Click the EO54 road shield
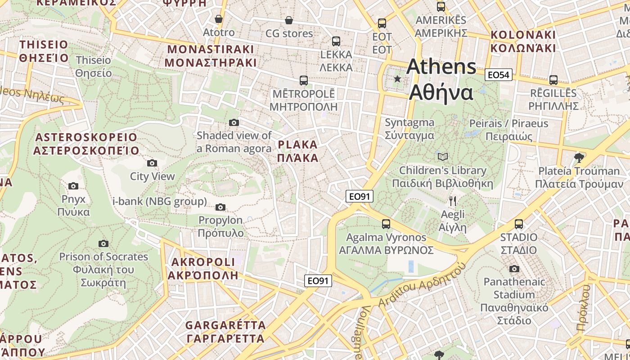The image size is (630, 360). coord(499,75)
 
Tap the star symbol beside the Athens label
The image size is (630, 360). coord(397,79)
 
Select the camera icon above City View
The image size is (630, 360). coord(152,163)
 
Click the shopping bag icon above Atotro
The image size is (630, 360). coord(219,19)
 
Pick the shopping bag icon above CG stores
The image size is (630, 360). coord(289,20)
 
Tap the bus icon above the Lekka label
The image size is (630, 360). coord(336,41)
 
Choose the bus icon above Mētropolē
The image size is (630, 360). coord(304,81)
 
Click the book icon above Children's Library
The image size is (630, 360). coord(443,157)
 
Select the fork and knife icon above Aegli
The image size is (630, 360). coord(453,201)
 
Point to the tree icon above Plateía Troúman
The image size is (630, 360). coord(579,157)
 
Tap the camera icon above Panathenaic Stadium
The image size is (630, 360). coord(514,269)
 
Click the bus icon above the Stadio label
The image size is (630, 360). coord(518,224)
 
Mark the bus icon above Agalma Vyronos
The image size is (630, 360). coord(386,224)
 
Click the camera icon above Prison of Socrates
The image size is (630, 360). coord(103,243)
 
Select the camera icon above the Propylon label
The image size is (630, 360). coord(220,207)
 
